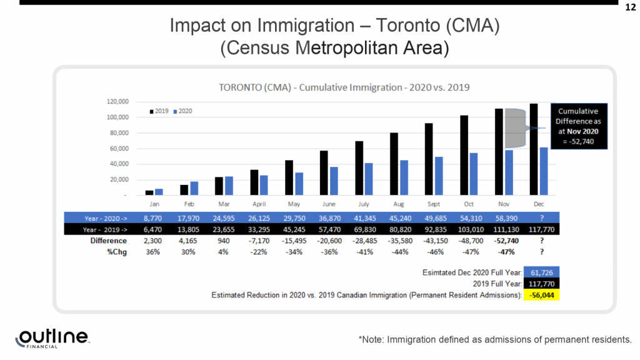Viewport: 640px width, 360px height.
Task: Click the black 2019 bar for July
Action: [x=359, y=168]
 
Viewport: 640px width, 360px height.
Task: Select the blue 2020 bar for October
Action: [x=474, y=174]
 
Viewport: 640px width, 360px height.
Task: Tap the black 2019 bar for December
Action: [x=534, y=149]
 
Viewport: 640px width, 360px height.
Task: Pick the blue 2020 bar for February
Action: [x=194, y=188]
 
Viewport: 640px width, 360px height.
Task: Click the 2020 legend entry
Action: [x=182, y=111]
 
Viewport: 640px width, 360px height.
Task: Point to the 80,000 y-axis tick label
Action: [x=119, y=132]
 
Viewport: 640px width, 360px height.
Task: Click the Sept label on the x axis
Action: [x=434, y=204]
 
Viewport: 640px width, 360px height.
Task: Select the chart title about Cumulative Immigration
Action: [x=344, y=87]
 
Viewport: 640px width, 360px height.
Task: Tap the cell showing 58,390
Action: [x=506, y=218]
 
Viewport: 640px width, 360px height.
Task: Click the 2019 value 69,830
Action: [x=364, y=230]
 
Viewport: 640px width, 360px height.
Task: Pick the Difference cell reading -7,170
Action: [x=259, y=241]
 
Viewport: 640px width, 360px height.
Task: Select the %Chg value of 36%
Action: [x=152, y=252]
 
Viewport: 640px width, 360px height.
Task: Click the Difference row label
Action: [x=109, y=241]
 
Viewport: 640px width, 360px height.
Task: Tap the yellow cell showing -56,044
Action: [x=542, y=295]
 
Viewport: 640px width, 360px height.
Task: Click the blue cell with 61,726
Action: [x=542, y=272]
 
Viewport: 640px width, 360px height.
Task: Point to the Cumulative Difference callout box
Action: [x=579, y=126]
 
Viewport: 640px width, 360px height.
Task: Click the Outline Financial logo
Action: [x=52, y=339]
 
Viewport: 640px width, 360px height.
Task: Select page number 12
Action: [x=631, y=7]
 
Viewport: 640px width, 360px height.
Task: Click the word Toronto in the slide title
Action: [x=407, y=25]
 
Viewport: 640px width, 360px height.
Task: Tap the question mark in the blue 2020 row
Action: [x=542, y=218]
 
